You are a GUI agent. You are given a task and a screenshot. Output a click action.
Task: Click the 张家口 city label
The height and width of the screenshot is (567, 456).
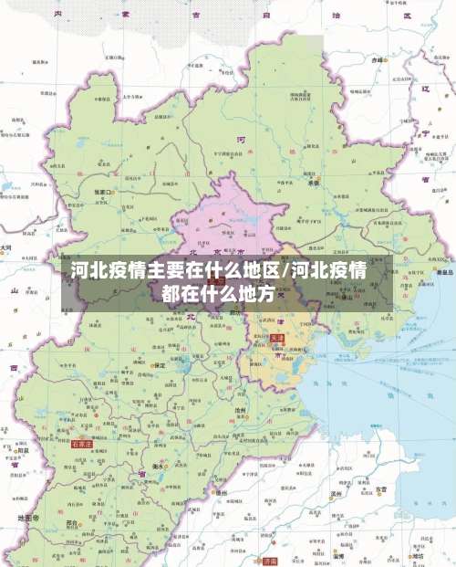(101, 192)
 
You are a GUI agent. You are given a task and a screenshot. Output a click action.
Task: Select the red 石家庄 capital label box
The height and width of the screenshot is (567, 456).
(82, 444)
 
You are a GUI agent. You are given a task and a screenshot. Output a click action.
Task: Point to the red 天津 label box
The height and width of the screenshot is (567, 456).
(277, 338)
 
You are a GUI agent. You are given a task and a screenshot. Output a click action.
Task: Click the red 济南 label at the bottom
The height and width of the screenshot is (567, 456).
(269, 562)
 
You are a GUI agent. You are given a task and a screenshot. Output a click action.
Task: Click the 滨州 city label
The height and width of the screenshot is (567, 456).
(336, 494)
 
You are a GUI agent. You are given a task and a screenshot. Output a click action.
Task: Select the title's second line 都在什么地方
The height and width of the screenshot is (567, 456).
(218, 294)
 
